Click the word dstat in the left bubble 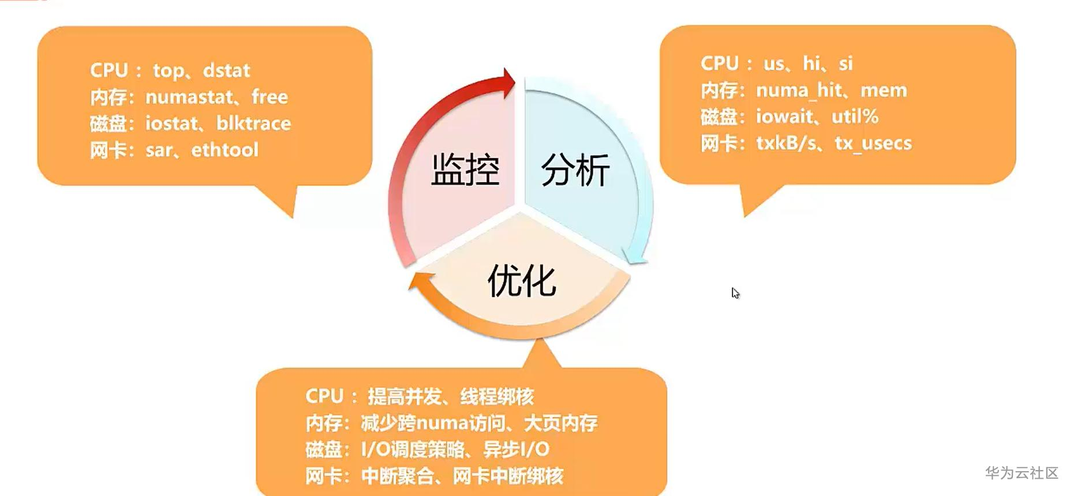pos(226,70)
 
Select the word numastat pos(189,97)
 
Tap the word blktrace pos(253,123)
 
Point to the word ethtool pos(225,150)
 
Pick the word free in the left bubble pos(270,97)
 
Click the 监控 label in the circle pos(465,170)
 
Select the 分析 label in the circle pos(575,170)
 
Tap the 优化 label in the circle pos(522,281)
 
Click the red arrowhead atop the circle pos(508,82)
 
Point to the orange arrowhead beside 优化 pos(420,283)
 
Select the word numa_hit pos(799,91)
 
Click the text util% pos(855,117)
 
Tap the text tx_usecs pos(873,143)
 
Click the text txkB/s pos(786,143)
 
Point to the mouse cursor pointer pos(735,293)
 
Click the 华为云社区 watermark pos(1022,473)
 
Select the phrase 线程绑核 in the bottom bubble pos(496,397)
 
